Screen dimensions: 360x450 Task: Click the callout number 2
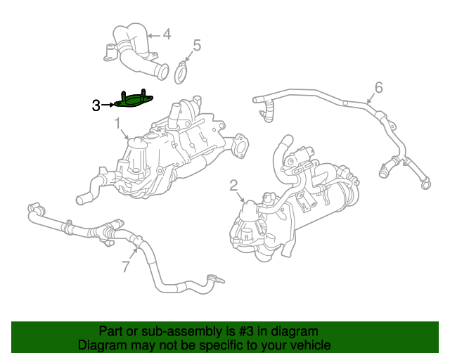[x=233, y=186]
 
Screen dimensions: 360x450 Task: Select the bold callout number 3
[x=96, y=105]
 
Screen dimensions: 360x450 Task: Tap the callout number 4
[x=167, y=34]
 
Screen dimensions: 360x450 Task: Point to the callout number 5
[x=197, y=46]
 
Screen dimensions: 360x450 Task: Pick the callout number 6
[x=378, y=88]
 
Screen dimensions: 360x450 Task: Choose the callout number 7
[x=126, y=266]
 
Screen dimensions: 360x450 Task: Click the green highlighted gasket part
[x=134, y=101]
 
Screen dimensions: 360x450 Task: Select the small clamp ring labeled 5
[x=183, y=71]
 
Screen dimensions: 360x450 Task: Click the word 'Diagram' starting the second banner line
[x=102, y=345]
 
